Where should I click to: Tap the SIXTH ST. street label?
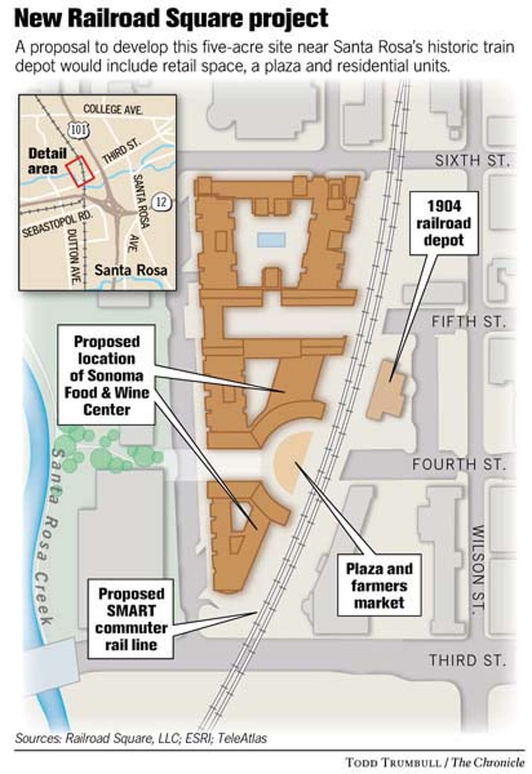click(x=470, y=160)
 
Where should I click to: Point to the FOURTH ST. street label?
click(x=459, y=464)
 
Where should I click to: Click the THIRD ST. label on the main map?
click(x=467, y=660)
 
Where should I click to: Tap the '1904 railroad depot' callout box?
click(x=444, y=223)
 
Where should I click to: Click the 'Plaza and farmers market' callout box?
click(x=379, y=585)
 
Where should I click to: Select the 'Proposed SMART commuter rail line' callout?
click(x=131, y=619)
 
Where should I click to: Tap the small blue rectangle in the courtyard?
click(x=271, y=240)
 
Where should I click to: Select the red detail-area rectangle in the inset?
click(x=80, y=171)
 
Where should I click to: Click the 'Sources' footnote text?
click(x=141, y=738)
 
